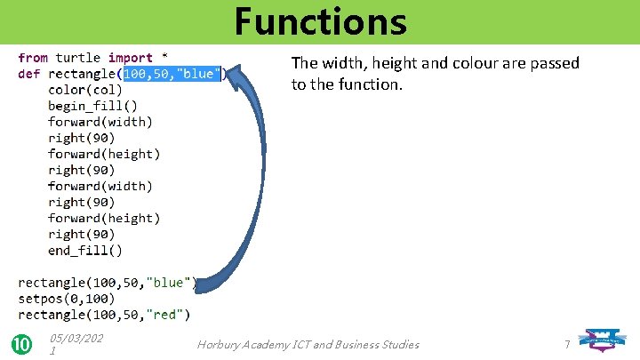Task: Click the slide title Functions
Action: pos(320,21)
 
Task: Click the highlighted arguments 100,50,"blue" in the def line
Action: pos(173,74)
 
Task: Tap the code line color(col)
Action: pos(85,90)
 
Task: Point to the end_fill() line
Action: pos(85,251)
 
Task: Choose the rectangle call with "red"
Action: pos(104,315)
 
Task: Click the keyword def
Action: pos(29,74)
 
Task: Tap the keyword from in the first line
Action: pos(34,58)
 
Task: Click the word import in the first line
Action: pos(130,58)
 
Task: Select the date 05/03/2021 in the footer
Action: pos(76,344)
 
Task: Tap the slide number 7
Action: pos(567,344)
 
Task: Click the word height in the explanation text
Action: pos(379,63)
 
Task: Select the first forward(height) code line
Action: pos(104,154)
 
